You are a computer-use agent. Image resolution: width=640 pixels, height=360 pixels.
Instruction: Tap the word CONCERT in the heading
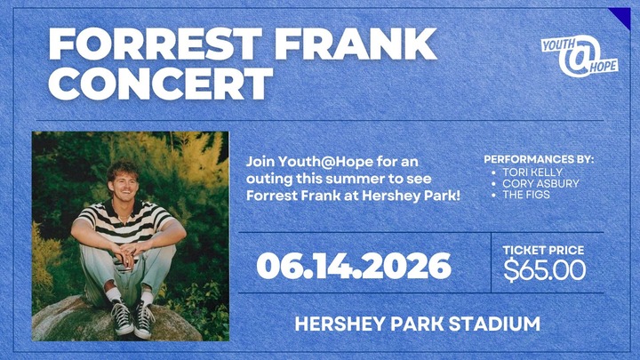(x=160, y=84)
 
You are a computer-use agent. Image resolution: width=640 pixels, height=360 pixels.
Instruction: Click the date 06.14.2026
(x=354, y=265)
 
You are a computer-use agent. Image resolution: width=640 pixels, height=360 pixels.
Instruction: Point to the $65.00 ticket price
(x=545, y=269)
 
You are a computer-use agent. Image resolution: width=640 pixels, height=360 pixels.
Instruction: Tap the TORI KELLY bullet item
(x=532, y=172)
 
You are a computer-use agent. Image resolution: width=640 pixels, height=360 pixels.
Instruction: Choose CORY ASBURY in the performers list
(x=540, y=183)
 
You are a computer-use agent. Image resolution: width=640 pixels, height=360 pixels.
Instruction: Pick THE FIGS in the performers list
(x=526, y=195)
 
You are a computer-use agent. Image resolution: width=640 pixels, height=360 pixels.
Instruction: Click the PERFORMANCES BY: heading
(x=539, y=160)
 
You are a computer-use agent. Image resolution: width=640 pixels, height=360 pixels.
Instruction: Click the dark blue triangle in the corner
(x=620, y=17)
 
